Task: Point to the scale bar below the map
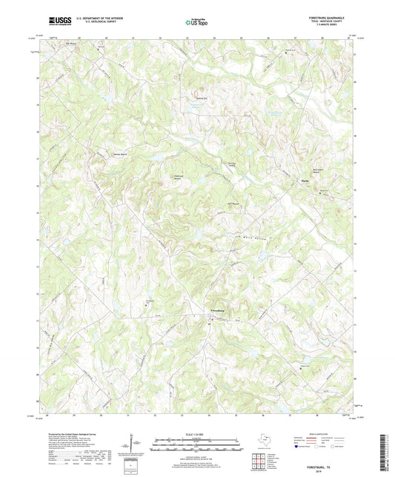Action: pyautogui.click(x=196, y=447)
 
